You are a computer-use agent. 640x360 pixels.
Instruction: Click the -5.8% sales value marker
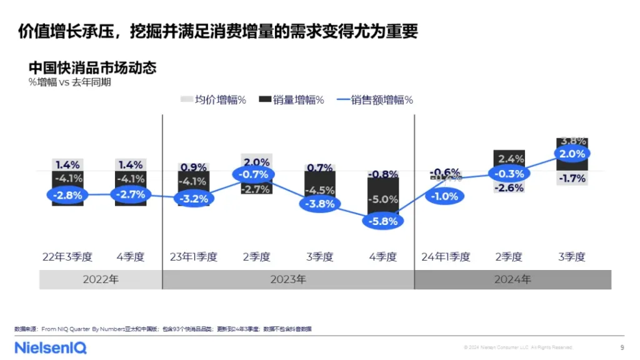click(382, 221)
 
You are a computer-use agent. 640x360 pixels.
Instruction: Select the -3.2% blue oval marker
click(194, 199)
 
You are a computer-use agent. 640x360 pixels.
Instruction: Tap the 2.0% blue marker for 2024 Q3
click(571, 154)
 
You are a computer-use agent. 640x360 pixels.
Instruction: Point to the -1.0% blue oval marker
click(446, 196)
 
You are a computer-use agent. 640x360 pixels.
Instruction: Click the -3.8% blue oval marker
click(319, 204)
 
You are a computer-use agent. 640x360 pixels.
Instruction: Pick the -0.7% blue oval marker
click(256, 174)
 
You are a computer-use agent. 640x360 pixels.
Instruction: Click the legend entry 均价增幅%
click(213, 99)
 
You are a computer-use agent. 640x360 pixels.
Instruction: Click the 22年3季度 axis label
click(67, 257)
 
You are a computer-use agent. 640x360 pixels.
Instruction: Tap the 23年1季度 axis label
click(194, 257)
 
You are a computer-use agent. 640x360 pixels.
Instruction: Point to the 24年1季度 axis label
click(446, 257)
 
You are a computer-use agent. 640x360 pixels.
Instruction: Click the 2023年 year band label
click(288, 279)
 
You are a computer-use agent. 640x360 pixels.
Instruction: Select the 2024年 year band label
click(512, 279)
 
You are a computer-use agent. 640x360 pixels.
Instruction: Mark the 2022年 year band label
click(101, 279)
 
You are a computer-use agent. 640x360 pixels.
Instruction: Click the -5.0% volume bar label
click(382, 200)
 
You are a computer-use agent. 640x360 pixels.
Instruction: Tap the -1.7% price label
click(571, 179)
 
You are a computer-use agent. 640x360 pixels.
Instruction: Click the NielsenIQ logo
click(51, 347)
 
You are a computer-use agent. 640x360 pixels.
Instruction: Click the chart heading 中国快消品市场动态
click(92, 67)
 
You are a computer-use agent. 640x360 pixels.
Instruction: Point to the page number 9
click(621, 347)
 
